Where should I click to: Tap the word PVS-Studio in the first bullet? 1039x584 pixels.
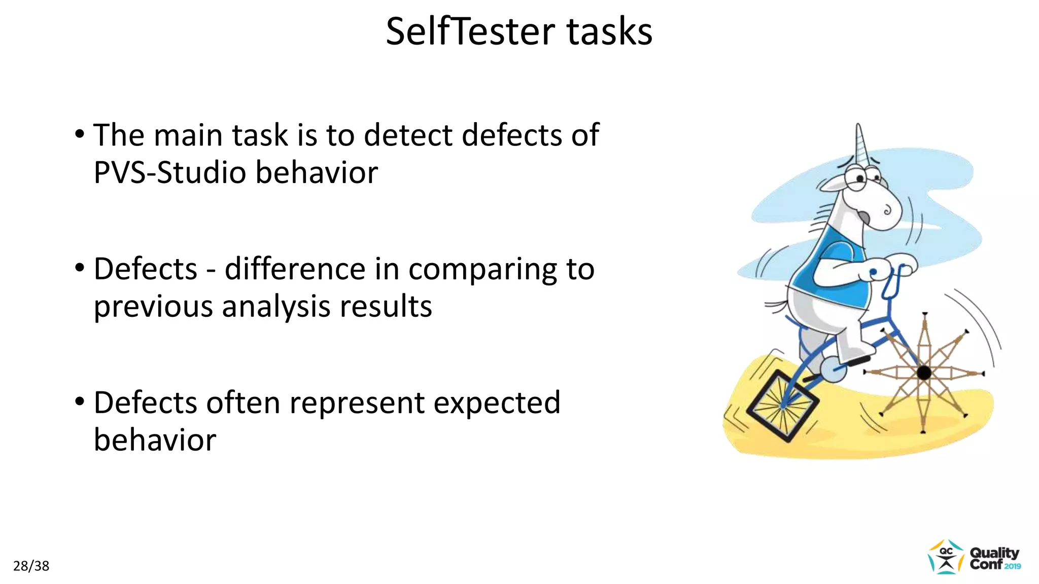(x=170, y=172)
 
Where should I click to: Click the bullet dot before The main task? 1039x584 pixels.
(x=80, y=135)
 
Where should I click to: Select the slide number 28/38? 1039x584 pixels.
(x=31, y=566)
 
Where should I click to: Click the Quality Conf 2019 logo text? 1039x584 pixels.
(x=994, y=559)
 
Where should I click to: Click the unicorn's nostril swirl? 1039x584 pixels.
(x=887, y=210)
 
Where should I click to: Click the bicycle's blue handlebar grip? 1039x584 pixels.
(x=874, y=273)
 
